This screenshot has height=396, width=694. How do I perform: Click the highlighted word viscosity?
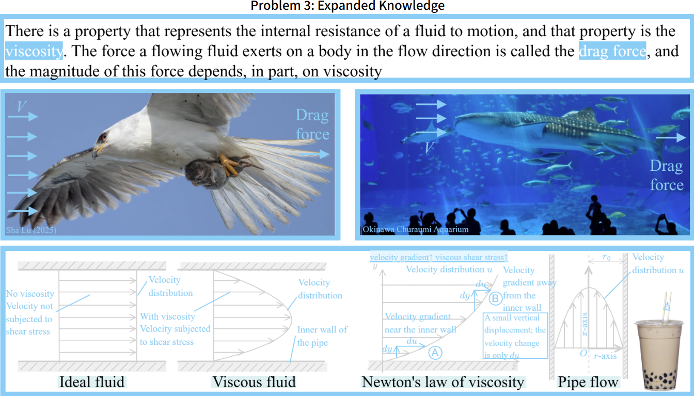(34, 51)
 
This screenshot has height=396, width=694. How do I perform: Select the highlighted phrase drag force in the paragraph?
(612, 51)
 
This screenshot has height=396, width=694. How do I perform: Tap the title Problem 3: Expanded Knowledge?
(347, 6)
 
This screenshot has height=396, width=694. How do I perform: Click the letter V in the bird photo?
(21, 106)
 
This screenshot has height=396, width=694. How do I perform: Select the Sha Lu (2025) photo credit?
(31, 230)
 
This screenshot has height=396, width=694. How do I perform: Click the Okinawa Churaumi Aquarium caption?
(416, 229)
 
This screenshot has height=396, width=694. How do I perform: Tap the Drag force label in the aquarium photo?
(666, 176)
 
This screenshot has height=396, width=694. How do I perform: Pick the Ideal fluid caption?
(92, 382)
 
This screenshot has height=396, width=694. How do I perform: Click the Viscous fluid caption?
(254, 382)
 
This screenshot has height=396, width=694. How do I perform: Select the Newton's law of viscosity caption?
(443, 382)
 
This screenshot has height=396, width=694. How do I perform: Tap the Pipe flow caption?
(588, 382)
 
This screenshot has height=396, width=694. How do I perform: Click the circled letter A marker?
(435, 352)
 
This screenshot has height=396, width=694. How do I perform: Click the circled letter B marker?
(495, 298)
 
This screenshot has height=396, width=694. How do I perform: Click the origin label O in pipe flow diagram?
(583, 353)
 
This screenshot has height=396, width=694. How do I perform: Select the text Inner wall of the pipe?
(322, 336)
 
